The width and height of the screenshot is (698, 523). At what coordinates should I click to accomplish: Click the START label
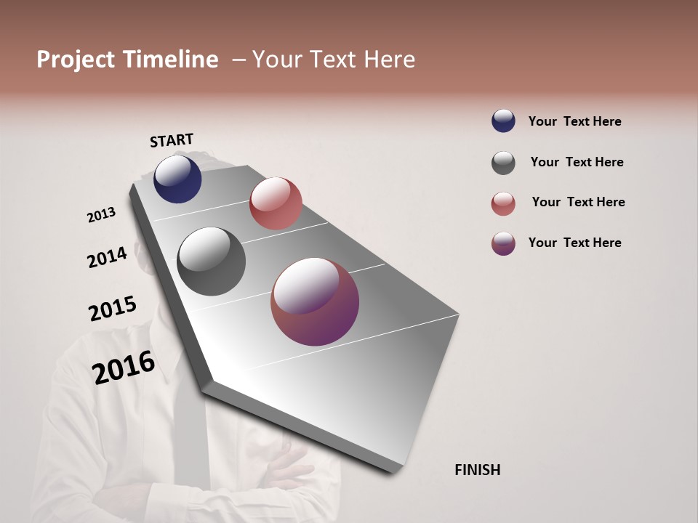172,140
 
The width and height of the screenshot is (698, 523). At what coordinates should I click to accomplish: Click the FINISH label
478,470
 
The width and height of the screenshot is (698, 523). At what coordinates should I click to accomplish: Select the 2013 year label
102,215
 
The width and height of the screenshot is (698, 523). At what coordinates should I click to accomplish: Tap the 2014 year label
108,257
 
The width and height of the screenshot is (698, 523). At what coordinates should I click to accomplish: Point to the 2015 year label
113,309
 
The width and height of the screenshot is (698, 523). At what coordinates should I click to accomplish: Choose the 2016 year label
124,368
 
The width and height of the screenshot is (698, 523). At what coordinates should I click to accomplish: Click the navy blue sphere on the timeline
177,179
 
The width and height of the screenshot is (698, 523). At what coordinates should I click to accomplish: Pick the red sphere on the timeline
276,203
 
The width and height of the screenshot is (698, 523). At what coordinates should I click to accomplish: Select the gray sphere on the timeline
211,261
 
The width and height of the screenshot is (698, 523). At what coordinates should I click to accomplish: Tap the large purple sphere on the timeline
315,301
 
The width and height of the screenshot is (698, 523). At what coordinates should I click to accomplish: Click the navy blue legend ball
503,121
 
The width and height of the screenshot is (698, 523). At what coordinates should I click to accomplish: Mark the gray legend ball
503,163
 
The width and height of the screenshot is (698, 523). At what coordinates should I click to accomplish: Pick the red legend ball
503,203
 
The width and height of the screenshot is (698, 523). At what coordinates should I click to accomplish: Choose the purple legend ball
503,243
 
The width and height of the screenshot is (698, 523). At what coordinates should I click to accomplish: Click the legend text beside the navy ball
575,121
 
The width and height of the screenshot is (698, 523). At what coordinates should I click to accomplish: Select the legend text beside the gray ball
577,162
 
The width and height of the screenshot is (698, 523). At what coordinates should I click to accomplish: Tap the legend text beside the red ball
579,202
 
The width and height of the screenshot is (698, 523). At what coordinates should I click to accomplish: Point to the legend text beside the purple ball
575,243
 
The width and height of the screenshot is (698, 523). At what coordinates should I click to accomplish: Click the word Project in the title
76,60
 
